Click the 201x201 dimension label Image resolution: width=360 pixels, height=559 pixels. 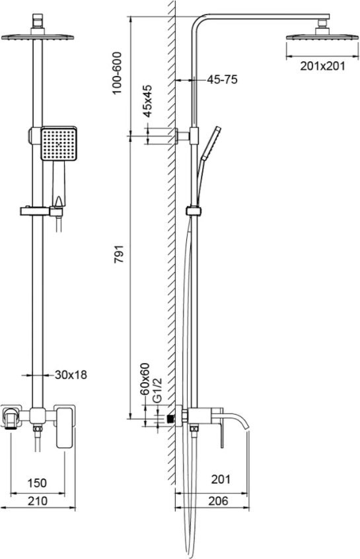(x=322, y=66)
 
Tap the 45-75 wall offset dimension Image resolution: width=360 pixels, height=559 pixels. (x=223, y=79)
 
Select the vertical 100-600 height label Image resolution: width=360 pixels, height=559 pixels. (x=117, y=73)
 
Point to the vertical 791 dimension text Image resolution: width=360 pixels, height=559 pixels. (x=119, y=254)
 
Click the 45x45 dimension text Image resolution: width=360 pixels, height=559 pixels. (x=147, y=101)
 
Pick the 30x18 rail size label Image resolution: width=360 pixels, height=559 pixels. (x=71, y=375)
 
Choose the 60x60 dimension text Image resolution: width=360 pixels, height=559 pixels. (x=145, y=379)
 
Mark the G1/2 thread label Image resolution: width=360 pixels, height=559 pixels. (x=157, y=390)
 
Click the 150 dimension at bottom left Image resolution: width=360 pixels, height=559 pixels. (x=37, y=482)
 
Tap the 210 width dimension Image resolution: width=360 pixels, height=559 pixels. (x=38, y=500)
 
